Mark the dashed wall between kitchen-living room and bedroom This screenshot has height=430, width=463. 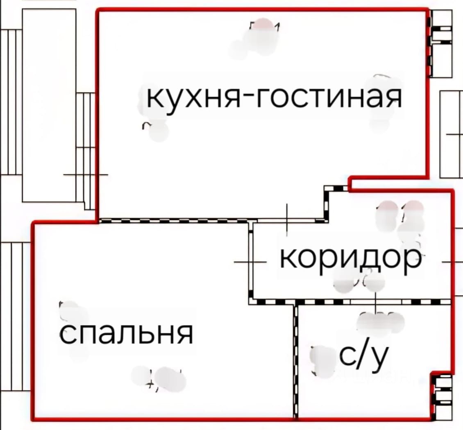[x=174, y=221]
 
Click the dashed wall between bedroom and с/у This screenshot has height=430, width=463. [x=295, y=360]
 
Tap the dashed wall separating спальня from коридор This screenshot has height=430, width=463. [x=250, y=262]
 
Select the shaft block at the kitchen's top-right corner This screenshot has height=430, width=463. [x=441, y=43]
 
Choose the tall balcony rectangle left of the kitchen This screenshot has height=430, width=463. [x=49, y=105]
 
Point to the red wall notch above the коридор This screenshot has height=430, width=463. [x=349, y=183]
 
